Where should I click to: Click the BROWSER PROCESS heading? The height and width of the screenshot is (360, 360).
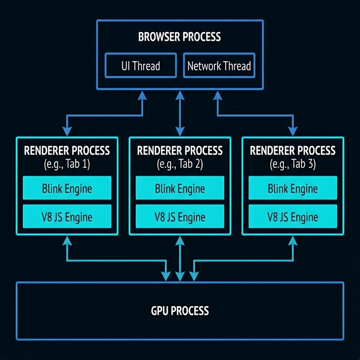180,37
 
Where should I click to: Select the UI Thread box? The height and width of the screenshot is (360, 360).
141,66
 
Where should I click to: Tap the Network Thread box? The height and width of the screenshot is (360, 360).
219,66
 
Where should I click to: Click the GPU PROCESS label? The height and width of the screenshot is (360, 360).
180,311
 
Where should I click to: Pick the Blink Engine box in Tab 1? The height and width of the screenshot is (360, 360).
67,188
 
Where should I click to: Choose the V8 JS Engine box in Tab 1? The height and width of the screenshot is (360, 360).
67,217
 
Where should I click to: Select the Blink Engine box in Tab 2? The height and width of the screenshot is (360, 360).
180,188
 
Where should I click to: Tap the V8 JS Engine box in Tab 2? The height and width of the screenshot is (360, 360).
180,217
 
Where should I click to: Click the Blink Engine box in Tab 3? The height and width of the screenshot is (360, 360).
292,188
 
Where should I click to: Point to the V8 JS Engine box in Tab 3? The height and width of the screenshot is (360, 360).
292,217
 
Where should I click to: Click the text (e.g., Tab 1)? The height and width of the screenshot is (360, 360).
67,164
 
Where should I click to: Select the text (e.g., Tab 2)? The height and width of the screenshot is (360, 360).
180,164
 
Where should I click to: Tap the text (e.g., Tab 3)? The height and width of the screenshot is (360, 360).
292,164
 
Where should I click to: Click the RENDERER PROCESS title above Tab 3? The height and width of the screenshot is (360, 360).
292,151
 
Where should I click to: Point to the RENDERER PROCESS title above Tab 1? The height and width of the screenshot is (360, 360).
67,151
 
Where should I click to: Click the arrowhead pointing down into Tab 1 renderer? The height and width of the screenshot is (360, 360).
67,131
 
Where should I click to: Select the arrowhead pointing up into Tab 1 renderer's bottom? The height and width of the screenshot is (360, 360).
67,240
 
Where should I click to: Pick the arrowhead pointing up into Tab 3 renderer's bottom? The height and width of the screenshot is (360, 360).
292,240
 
